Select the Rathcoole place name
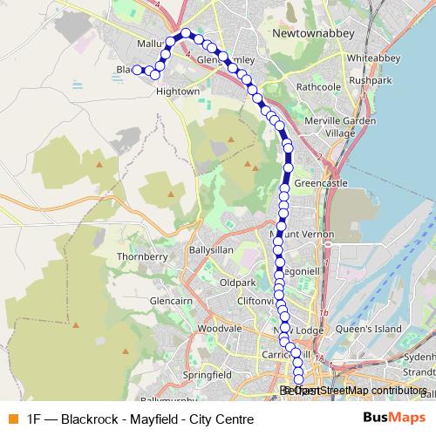(319, 86)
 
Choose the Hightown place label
(178, 90)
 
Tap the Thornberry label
(140, 257)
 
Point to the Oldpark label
(237, 283)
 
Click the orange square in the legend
(11, 419)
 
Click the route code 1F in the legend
(34, 419)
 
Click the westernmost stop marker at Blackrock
(137, 70)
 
